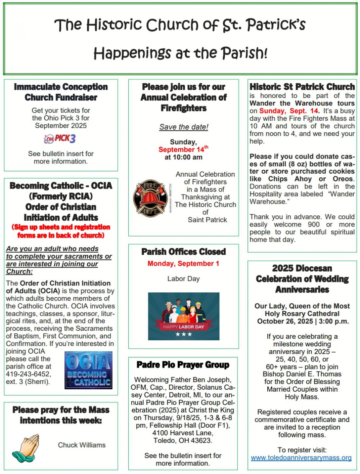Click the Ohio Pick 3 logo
pos(60,139)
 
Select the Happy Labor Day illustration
pos(183,316)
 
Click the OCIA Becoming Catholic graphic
pos(88,370)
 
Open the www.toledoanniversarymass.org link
pos(301,458)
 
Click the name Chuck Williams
pos(82,445)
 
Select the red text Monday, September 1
pos(183,264)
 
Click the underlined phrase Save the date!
pos(183,127)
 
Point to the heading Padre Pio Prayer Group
pos(183,364)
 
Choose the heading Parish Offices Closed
pos(183,252)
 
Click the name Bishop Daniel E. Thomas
pos(302,374)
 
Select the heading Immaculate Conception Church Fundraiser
pos(61,92)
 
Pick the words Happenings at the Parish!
pos(180,53)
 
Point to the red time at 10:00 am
pos(183,157)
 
